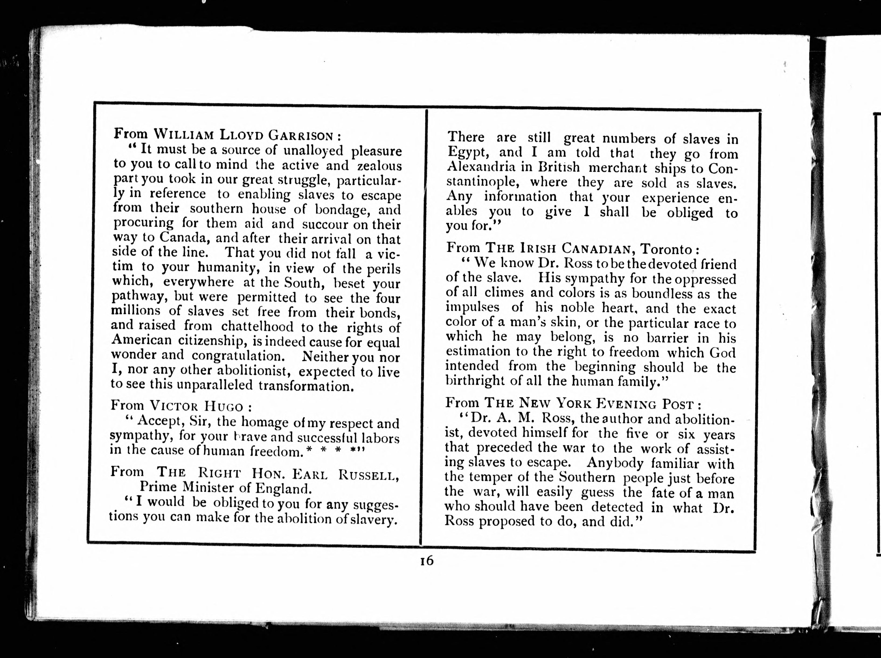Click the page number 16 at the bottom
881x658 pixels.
tap(426, 561)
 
